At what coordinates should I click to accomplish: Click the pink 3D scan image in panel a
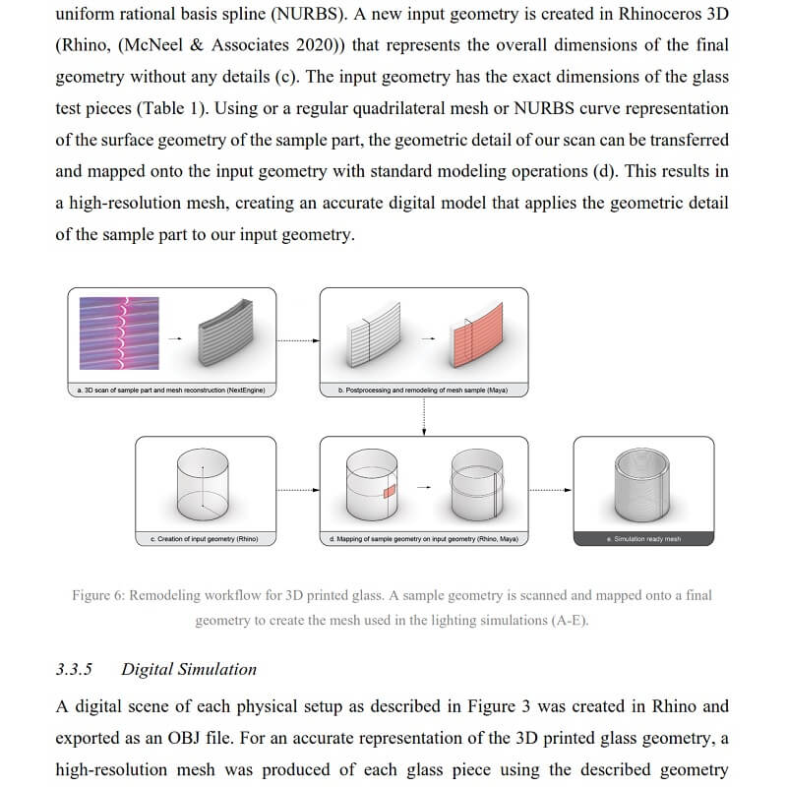117,333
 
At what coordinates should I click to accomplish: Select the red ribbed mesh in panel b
479,341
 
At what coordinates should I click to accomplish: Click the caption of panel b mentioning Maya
423,391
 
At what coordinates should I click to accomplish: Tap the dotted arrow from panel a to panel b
298,340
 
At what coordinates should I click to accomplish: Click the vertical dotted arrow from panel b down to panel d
423,417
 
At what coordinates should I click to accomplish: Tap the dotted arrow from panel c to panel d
298,489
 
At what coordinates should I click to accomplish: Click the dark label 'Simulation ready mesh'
643,539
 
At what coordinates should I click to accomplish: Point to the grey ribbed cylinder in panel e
643,484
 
